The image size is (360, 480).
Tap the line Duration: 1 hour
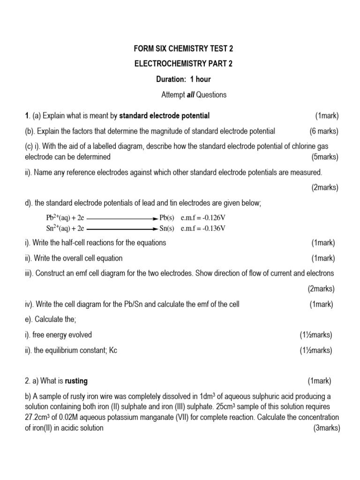[x=180, y=79]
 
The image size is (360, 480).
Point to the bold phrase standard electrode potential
[x=165, y=116]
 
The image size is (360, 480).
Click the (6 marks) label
[x=324, y=131]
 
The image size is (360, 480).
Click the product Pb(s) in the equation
[x=167, y=218]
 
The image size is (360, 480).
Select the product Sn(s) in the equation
[x=167, y=229]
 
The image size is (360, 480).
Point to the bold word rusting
[x=76, y=381]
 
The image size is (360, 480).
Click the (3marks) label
[x=326, y=428]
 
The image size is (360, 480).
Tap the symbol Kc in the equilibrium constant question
[x=112, y=350]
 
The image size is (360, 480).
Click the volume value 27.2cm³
[x=40, y=417]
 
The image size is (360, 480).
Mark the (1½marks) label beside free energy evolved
[x=315, y=335]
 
